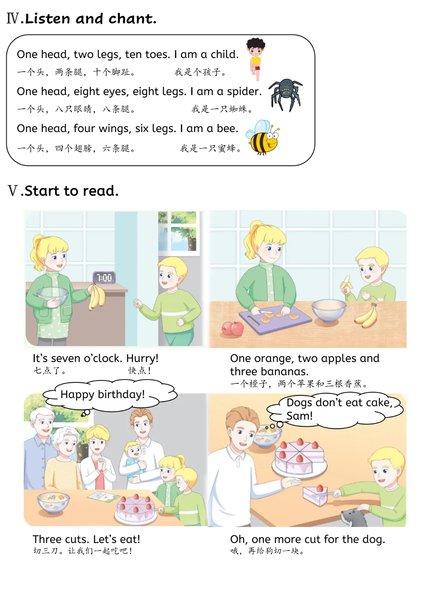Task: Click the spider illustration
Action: click(x=285, y=95)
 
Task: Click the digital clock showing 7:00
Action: click(x=104, y=277)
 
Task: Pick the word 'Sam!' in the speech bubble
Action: click(x=299, y=416)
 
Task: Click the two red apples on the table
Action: click(x=232, y=328)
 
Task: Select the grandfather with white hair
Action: click(x=40, y=447)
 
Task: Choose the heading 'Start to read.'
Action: click(x=72, y=191)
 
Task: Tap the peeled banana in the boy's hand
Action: click(x=347, y=284)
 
